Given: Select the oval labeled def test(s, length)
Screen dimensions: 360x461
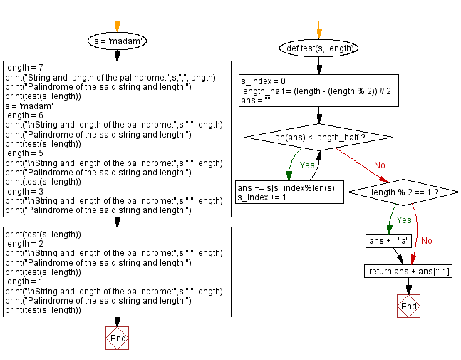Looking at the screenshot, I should click(318, 48).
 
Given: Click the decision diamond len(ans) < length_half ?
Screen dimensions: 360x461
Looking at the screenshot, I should click(318, 136).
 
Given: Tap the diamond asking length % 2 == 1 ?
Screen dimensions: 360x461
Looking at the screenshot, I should click(404, 192).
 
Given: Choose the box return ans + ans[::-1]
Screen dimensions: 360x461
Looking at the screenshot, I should click(409, 272).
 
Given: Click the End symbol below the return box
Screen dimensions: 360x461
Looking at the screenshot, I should click(408, 306).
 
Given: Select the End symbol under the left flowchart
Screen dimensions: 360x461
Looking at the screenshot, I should click(117, 339).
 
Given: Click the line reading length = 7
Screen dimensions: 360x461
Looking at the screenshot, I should click(26, 68).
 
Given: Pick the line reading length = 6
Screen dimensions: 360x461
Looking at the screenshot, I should click(26, 115).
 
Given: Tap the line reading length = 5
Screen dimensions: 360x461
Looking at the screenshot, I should click(26, 153).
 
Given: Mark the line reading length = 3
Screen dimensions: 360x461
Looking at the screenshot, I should click(26, 191).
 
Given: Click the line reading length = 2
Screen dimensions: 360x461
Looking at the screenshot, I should click(26, 244).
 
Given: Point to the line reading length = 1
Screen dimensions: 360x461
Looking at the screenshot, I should click(26, 282).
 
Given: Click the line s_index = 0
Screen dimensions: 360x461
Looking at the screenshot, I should click(263, 81).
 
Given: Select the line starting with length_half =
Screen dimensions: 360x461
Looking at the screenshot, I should click(315, 91).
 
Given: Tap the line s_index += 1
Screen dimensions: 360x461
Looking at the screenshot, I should click(261, 197).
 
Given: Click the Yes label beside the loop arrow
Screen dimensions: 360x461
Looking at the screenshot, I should click(307, 165).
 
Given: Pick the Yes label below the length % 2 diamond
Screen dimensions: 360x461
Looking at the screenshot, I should click(403, 220).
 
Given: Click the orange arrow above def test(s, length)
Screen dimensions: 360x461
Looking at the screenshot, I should click(318, 32).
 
